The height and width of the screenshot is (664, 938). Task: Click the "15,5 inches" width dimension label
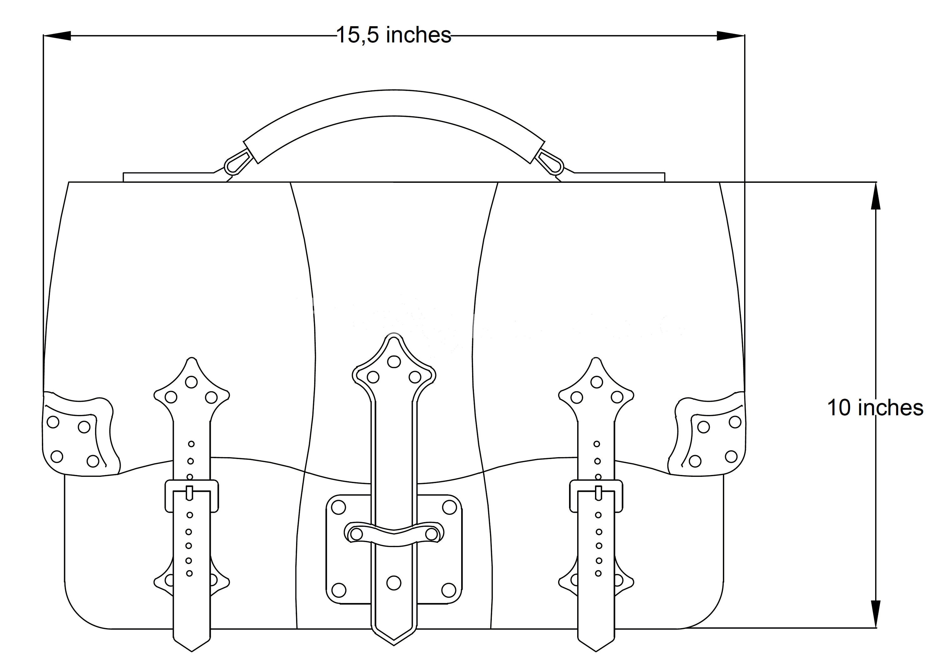tap(394, 35)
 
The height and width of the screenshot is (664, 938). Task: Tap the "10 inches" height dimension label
tap(875, 408)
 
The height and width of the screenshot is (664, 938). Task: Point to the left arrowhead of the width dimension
tap(57, 36)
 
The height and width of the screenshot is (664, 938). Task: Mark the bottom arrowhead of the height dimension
tap(875, 613)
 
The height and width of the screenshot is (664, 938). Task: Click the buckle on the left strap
tap(191, 496)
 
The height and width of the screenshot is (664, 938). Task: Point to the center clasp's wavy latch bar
tap(394, 533)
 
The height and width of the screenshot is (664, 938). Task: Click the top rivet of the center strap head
tap(394, 362)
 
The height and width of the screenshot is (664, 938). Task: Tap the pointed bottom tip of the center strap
tap(394, 645)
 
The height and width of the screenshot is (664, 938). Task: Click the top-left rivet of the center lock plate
tap(338, 507)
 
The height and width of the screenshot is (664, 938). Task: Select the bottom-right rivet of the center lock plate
tap(449, 590)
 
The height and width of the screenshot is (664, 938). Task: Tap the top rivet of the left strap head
tap(191, 382)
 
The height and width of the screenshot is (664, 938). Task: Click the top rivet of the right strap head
tap(597, 382)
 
